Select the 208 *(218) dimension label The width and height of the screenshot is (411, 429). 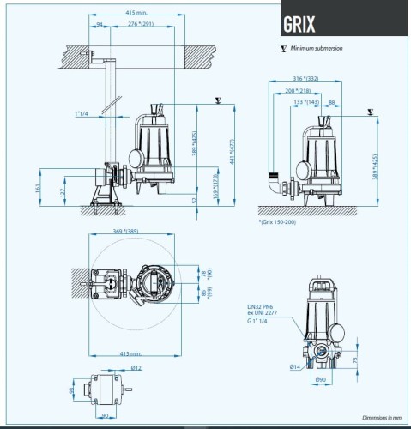(299, 90)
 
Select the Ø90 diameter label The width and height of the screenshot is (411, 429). (321, 378)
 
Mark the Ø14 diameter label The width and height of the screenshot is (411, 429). (294, 367)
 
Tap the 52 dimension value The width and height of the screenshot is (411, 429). (194, 199)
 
